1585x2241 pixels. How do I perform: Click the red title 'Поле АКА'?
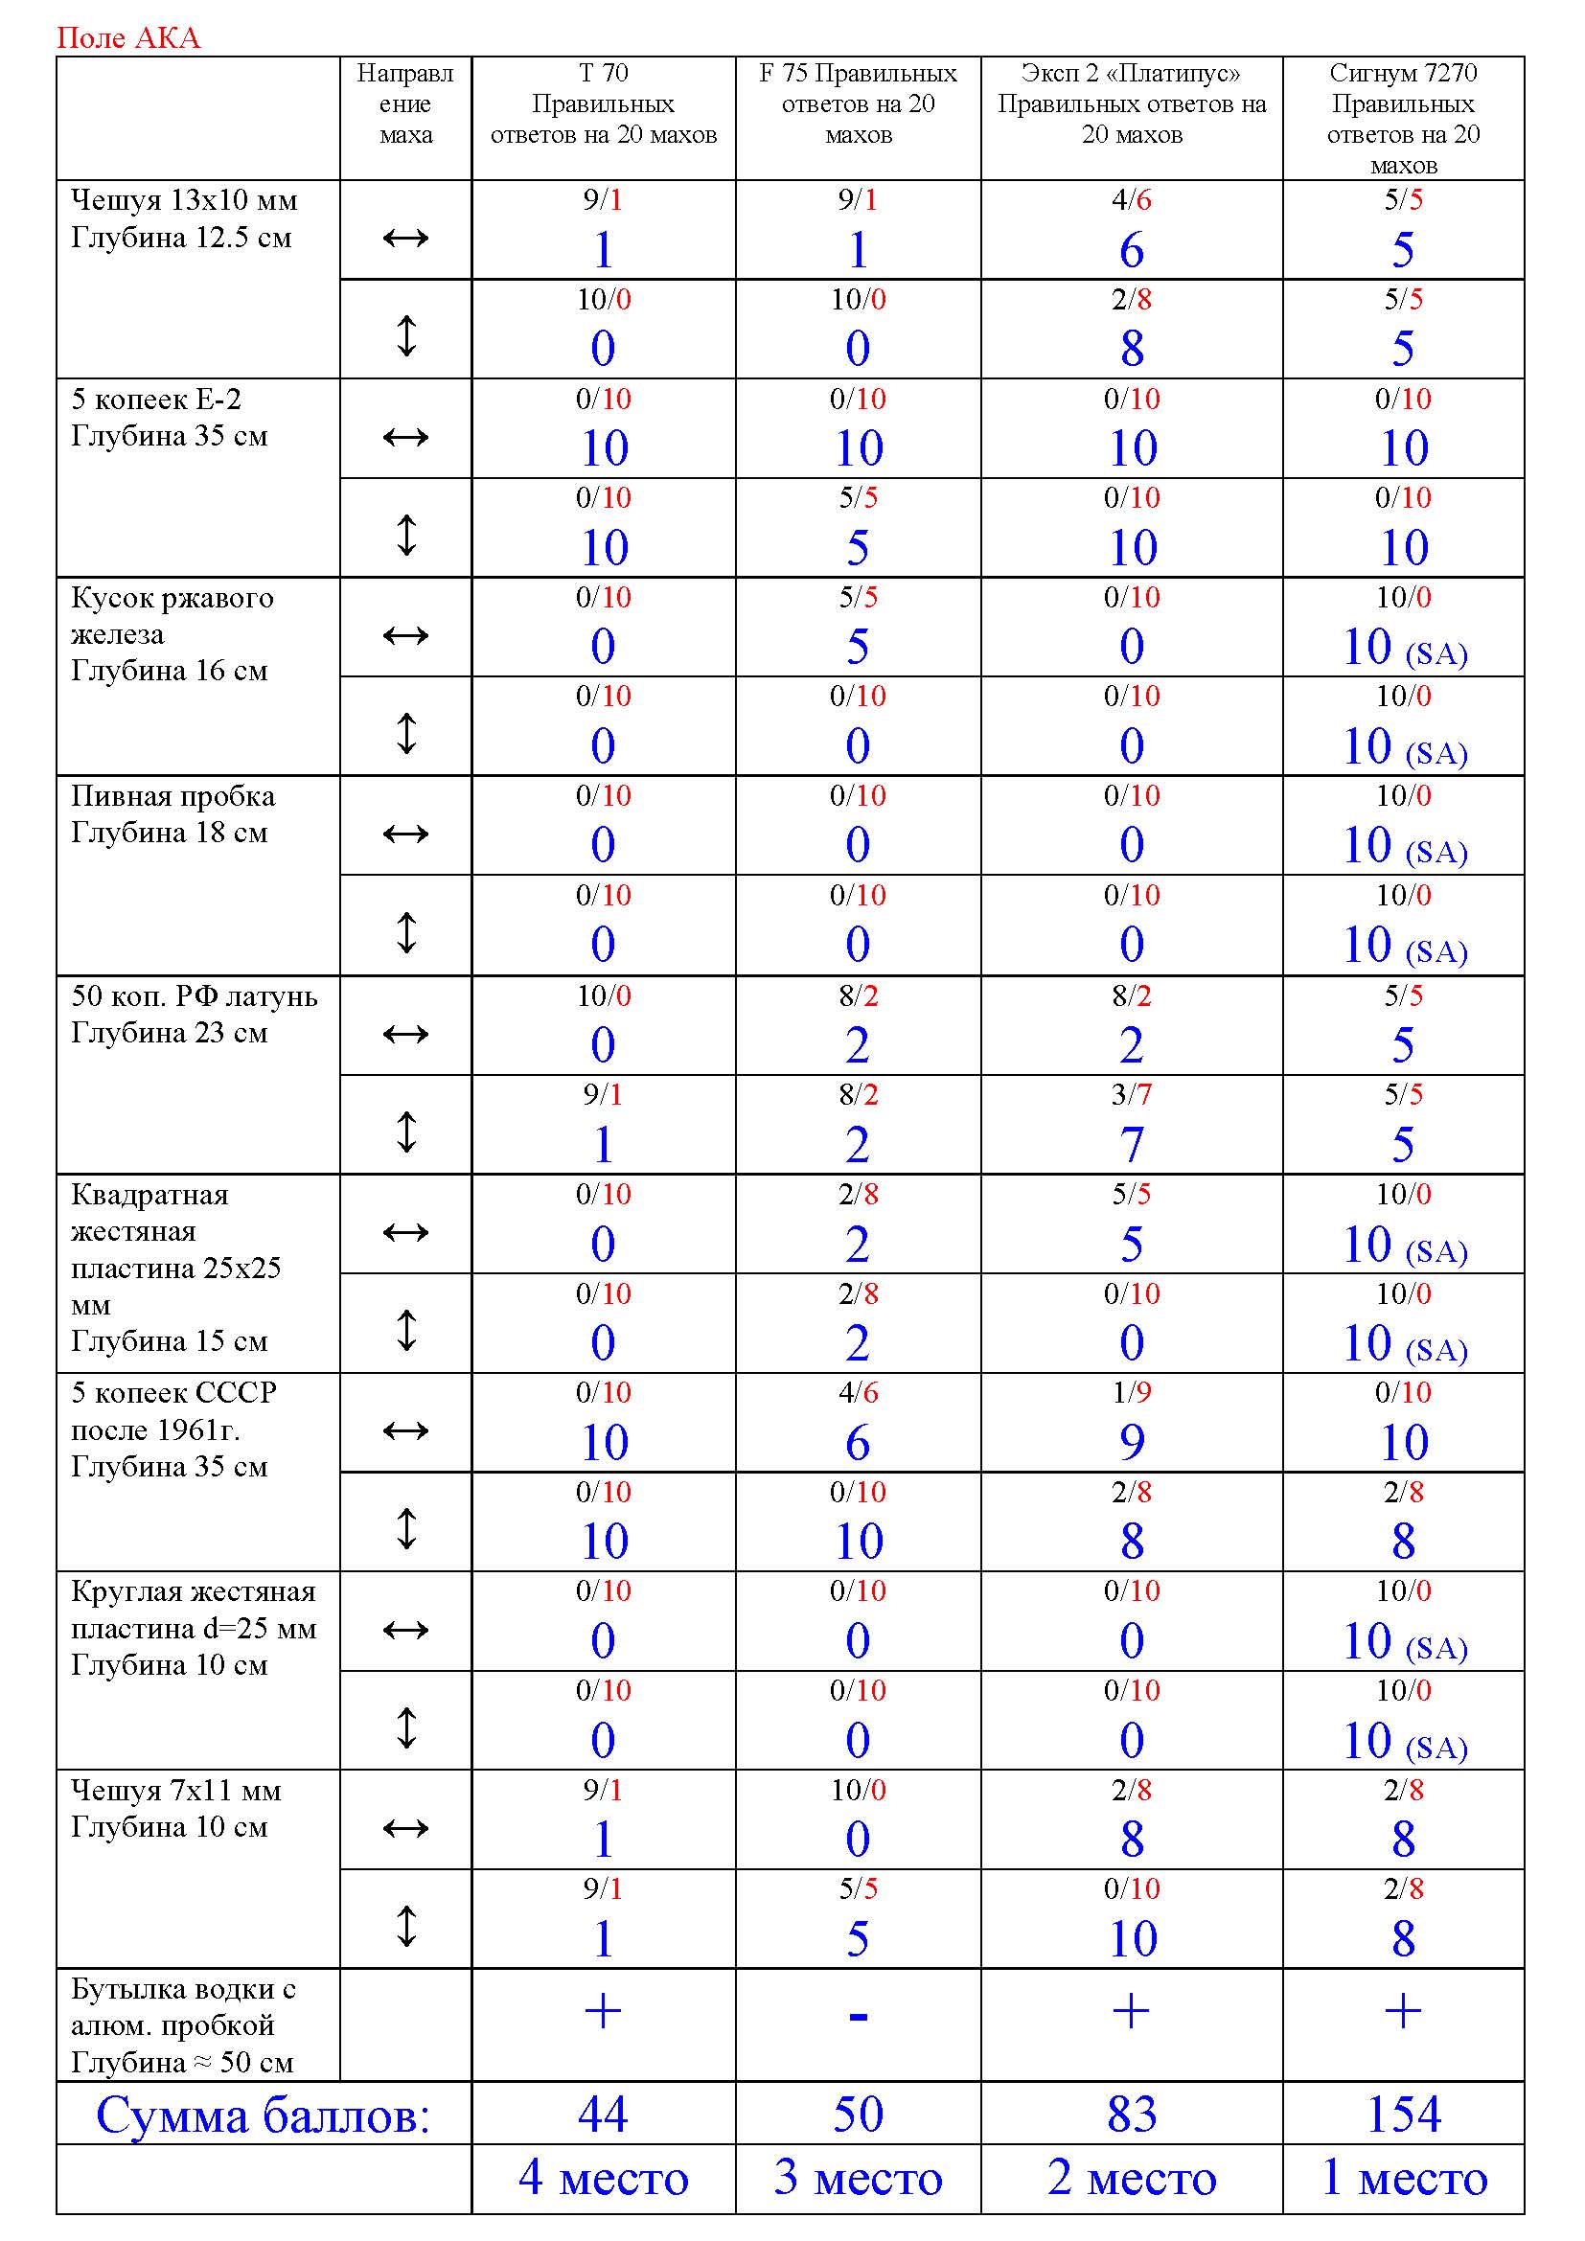pyautogui.click(x=127, y=37)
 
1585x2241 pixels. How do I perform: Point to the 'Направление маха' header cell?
pyautogui.click(x=405, y=103)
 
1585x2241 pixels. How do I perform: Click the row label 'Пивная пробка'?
pyautogui.click(x=172, y=796)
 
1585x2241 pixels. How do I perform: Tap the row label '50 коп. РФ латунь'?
pyautogui.click(x=195, y=995)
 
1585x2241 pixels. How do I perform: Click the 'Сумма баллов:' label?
pyautogui.click(x=263, y=2115)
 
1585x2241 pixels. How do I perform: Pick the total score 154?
pyautogui.click(x=1403, y=2115)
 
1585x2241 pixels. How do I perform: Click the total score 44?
pyautogui.click(x=602, y=2115)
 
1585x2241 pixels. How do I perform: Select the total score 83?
pyautogui.click(x=1131, y=2115)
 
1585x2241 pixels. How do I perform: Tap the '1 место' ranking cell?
pyautogui.click(x=1403, y=2178)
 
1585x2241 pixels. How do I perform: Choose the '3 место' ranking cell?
pyautogui.click(x=858, y=2178)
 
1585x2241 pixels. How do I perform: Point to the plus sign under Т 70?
pyautogui.click(x=602, y=2012)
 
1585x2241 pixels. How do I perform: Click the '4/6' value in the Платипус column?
pyautogui.click(x=1131, y=200)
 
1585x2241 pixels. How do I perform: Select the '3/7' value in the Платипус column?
pyautogui.click(x=1131, y=1094)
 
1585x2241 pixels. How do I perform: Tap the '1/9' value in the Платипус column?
pyautogui.click(x=1131, y=1392)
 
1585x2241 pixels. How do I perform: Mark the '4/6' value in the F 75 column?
pyautogui.click(x=858, y=1392)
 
